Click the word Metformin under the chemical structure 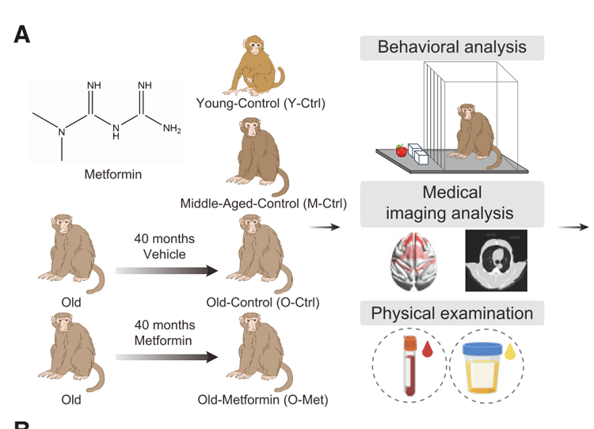coord(113,174)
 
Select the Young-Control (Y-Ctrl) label coord(261,103)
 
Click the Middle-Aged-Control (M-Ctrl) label coord(264,203)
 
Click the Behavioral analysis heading coord(451,47)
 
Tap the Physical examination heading coord(451,313)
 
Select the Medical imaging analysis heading coord(451,203)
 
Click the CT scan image coord(494,260)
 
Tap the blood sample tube coord(409,366)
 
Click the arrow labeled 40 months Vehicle coord(166,271)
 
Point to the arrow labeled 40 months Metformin coord(166,357)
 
